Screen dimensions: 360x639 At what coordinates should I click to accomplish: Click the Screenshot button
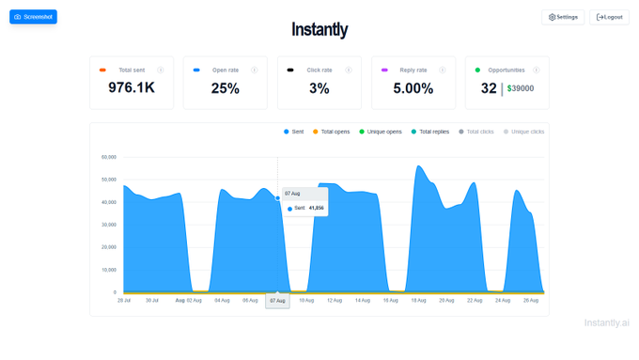pos(33,17)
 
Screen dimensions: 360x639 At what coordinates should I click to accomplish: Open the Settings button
pos(563,17)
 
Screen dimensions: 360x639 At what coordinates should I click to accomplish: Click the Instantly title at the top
pos(319,30)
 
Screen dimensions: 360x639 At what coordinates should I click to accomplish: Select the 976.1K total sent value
pos(132,87)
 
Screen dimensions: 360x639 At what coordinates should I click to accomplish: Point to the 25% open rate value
pos(226,88)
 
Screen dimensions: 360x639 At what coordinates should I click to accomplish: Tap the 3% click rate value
pos(319,88)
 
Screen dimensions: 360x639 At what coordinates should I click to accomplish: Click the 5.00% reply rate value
pos(413,88)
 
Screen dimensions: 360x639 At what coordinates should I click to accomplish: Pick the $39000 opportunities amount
pos(521,88)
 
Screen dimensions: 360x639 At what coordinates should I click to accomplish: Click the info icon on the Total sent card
pos(161,70)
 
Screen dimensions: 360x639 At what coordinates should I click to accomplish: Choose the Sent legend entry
pos(294,132)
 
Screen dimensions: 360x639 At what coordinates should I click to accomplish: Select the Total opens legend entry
pos(332,132)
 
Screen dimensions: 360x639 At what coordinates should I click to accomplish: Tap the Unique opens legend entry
pos(381,132)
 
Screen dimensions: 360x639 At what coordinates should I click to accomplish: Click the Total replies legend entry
pos(430,132)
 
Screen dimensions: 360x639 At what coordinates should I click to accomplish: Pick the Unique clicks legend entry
pos(524,132)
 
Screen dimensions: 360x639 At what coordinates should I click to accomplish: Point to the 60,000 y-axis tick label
pos(109,157)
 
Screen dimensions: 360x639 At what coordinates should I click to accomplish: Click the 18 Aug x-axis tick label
pos(418,301)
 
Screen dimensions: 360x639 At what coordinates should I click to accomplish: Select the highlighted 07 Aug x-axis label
pos(277,301)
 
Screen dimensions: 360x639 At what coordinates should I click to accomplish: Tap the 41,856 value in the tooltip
pos(316,208)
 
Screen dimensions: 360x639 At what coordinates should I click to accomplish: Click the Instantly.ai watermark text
pos(606,322)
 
